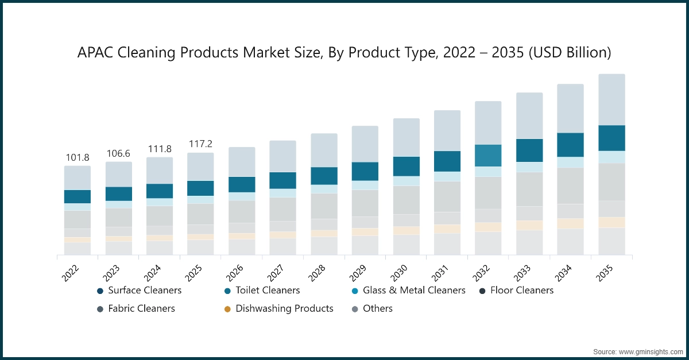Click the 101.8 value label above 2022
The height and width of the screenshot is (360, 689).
click(x=77, y=158)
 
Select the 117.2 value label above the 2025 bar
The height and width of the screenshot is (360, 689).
click(x=200, y=144)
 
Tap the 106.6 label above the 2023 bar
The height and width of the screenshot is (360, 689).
click(x=118, y=153)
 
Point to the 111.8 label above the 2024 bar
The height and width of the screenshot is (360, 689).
click(x=159, y=149)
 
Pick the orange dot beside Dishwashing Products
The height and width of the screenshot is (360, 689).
click(x=227, y=309)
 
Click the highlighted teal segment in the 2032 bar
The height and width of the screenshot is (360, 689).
click(x=488, y=156)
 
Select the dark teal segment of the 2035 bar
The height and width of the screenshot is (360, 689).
click(x=611, y=138)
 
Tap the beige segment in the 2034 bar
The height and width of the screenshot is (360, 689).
click(x=570, y=223)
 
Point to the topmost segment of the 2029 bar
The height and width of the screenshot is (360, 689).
click(x=365, y=144)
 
